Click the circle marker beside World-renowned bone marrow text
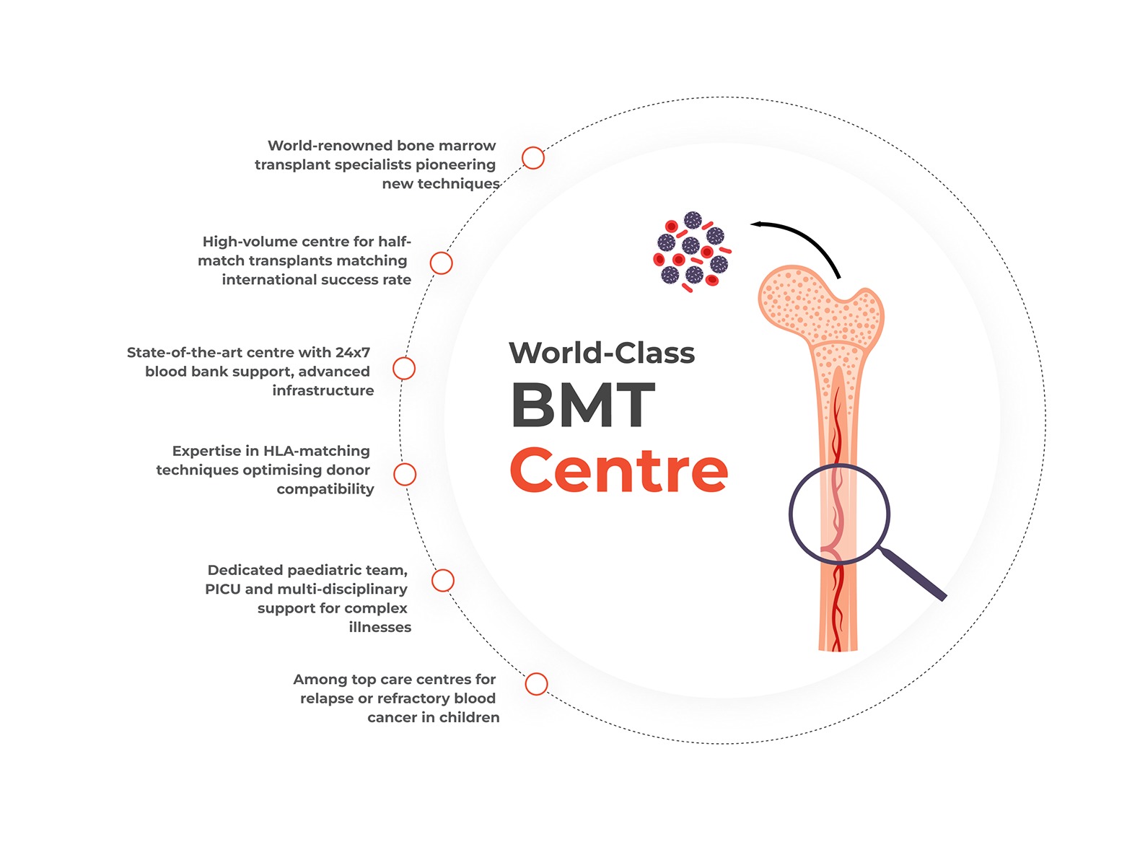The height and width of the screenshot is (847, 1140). pos(533,158)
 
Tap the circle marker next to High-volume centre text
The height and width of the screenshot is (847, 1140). pos(441,263)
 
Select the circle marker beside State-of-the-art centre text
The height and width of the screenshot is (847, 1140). pos(404,369)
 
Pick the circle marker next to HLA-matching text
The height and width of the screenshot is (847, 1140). pos(405,474)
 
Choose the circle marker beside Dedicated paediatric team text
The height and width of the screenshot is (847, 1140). pos(443,580)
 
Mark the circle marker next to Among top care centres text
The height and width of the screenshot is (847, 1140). pos(536,684)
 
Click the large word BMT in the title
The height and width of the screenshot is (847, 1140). pos(583,405)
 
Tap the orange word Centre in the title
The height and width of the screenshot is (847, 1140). pos(618,470)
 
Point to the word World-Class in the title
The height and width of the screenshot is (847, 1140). pos(602,353)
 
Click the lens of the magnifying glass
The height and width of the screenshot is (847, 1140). pos(839,513)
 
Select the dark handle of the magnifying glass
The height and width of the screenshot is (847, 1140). pos(914,574)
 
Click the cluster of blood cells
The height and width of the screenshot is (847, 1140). pos(692,251)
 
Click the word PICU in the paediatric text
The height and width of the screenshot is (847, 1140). pos(223,589)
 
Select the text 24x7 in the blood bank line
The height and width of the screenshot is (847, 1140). pos(352,353)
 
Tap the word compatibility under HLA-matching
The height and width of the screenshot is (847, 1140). pos(325,489)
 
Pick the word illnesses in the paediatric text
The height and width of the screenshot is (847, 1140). pos(380,628)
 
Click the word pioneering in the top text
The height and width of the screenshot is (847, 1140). pos(455,165)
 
